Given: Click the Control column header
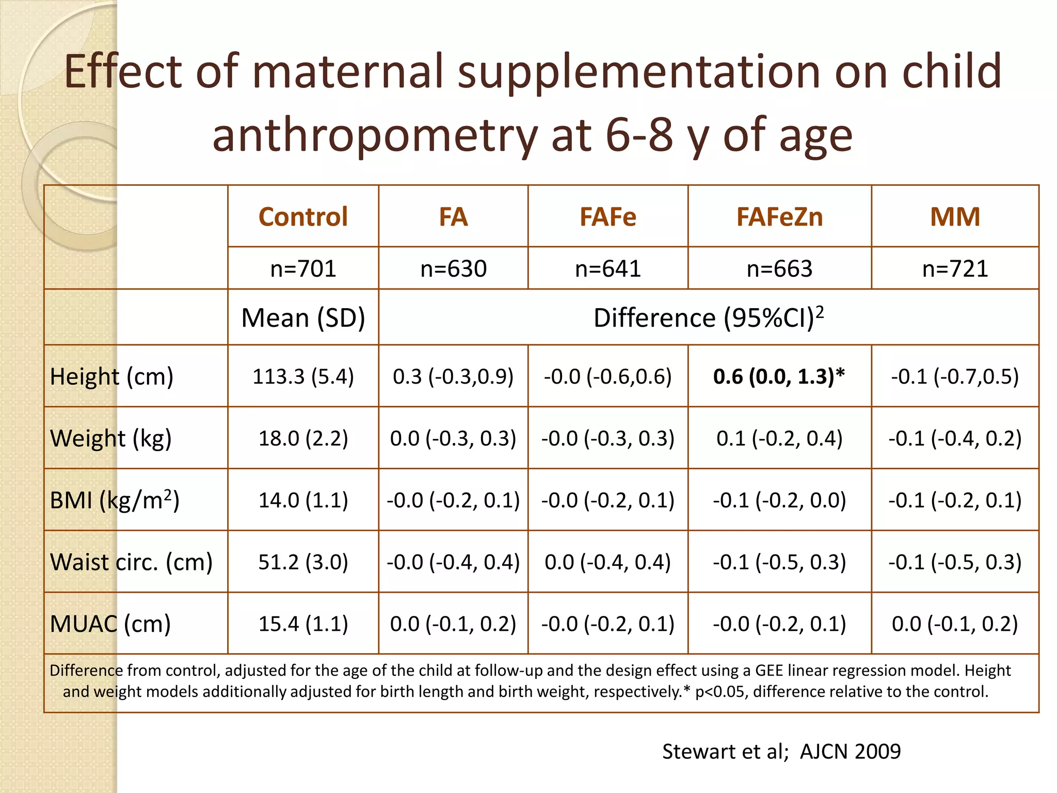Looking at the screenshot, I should click(x=303, y=216).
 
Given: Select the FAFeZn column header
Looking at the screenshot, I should click(x=779, y=216).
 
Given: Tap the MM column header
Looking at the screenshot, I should click(x=955, y=216).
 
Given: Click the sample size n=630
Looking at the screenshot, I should click(x=453, y=268).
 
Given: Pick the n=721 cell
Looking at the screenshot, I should click(x=955, y=268).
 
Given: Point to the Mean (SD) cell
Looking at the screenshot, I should click(x=303, y=318).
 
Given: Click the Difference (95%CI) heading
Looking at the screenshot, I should click(x=708, y=318).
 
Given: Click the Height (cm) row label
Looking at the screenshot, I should click(x=111, y=376).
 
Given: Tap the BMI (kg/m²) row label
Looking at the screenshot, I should click(x=115, y=500).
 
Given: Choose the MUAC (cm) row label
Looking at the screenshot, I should click(x=110, y=624).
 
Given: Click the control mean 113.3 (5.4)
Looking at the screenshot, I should click(x=303, y=376).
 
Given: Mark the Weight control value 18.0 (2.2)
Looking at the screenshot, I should click(x=303, y=438).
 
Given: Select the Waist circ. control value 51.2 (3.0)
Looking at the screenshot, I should click(x=303, y=562).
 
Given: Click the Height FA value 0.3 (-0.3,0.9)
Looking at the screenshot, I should click(x=453, y=376).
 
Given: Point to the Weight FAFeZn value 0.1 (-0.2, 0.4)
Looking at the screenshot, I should click(x=779, y=438).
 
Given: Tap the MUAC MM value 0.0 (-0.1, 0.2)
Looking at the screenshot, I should click(x=955, y=624).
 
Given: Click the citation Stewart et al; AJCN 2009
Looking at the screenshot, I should click(x=781, y=751).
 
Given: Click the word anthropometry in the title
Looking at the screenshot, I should click(x=375, y=135).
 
